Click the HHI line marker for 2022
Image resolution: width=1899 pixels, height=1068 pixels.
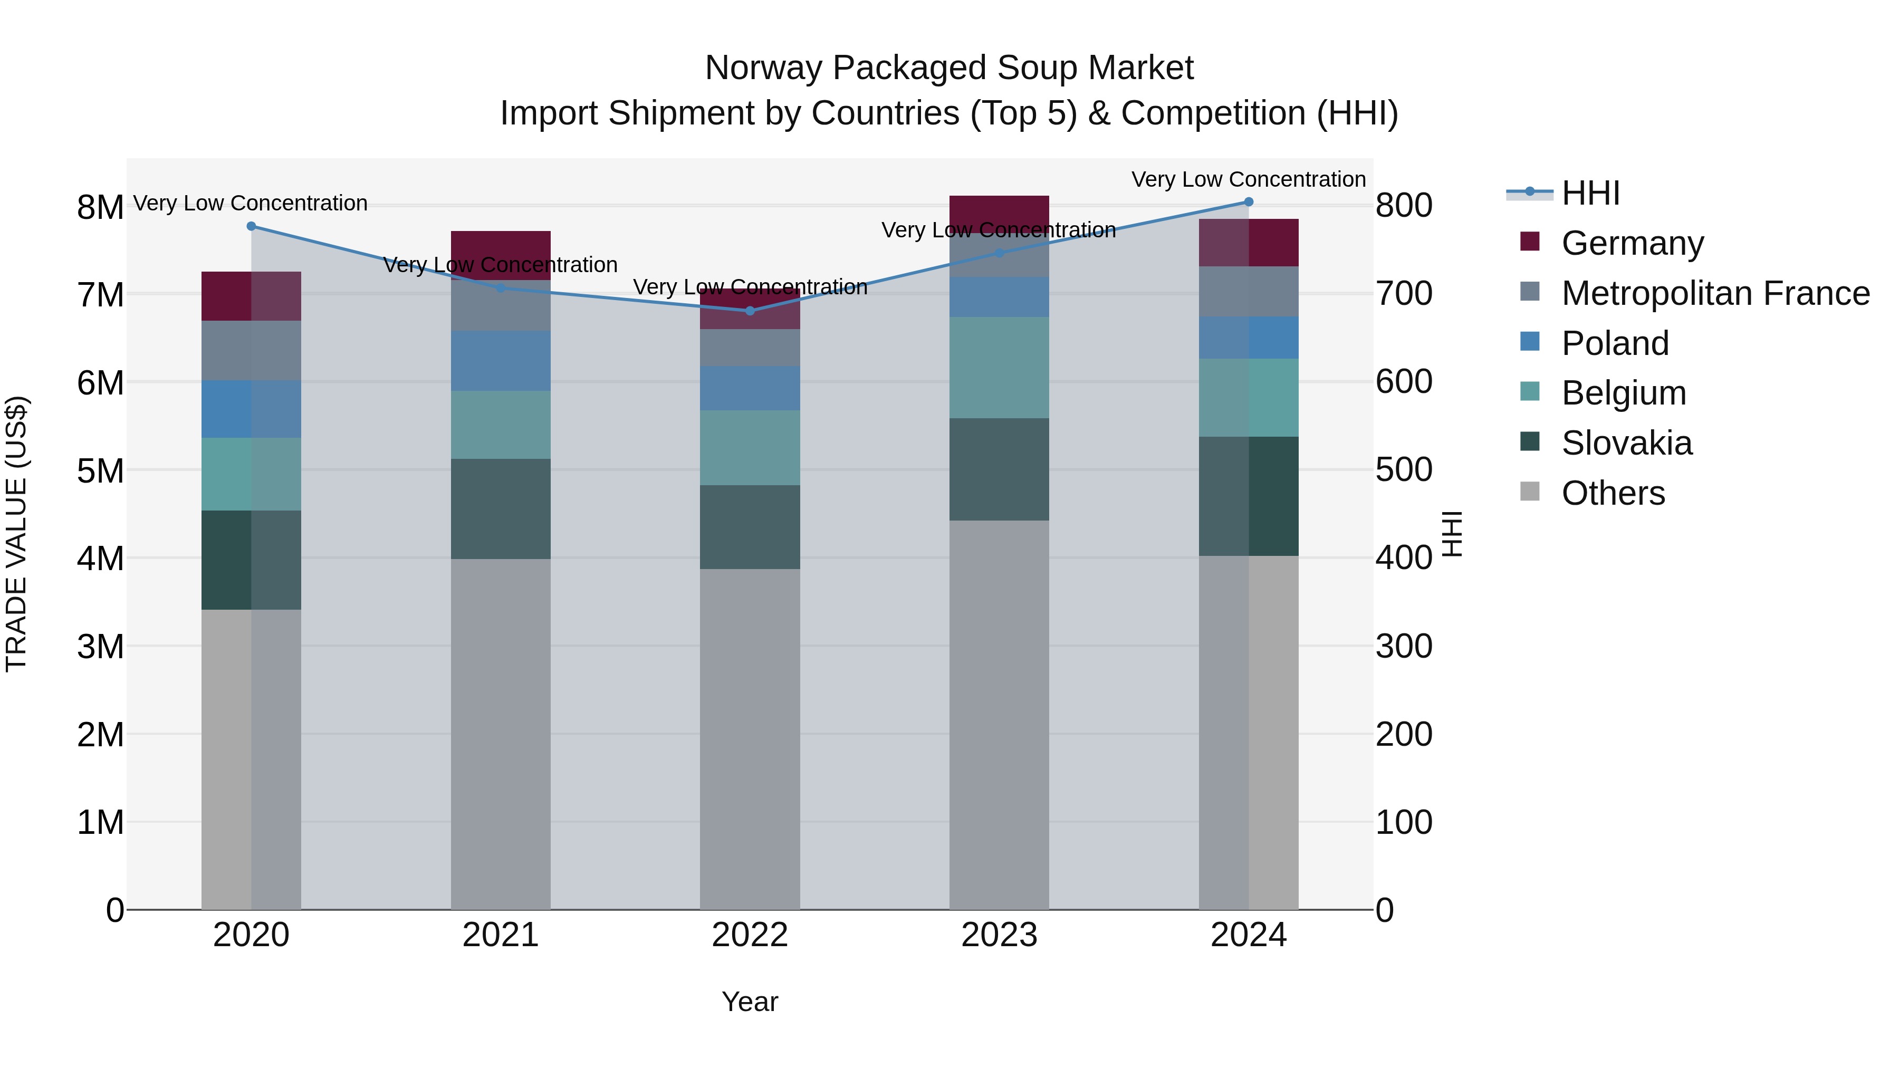tap(750, 311)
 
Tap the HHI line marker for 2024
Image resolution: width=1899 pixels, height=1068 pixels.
tap(1248, 202)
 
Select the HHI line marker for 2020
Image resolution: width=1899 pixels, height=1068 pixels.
tap(252, 226)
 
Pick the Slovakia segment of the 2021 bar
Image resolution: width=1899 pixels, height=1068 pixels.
tap(501, 508)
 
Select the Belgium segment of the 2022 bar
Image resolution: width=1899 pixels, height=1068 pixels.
tap(750, 447)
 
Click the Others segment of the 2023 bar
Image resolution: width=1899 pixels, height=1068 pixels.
tap(999, 715)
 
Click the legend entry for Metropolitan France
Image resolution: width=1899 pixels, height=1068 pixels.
tap(1715, 293)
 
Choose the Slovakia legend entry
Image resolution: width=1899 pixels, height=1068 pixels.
tap(1626, 443)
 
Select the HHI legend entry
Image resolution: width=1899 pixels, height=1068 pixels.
tap(1590, 193)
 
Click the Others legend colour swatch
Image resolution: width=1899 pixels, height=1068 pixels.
tap(1530, 492)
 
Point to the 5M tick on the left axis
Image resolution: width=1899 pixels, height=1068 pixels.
tap(100, 471)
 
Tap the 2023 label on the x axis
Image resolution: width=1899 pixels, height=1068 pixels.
tap(999, 935)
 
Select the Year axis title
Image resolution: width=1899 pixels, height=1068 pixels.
tap(750, 1002)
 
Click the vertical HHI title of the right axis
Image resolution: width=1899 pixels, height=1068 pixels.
tap(1451, 534)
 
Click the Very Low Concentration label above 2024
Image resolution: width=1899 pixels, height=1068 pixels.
tap(1248, 179)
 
